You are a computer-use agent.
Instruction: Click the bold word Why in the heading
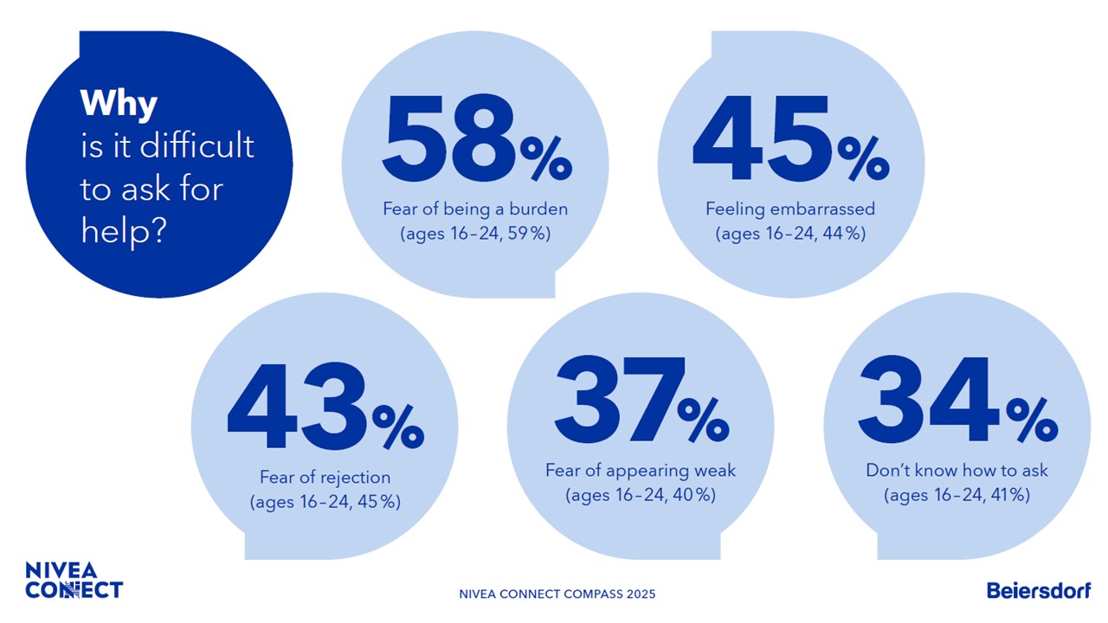tap(119, 104)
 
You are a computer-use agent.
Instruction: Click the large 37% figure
tap(641, 402)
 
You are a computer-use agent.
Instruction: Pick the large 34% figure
tap(957, 402)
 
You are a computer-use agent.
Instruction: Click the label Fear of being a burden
tap(475, 209)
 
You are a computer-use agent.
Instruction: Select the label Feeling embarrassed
tap(790, 209)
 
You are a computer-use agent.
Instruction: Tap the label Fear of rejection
tap(325, 478)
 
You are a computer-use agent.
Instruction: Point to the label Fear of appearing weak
tap(641, 471)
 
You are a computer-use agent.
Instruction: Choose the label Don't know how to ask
tap(957, 471)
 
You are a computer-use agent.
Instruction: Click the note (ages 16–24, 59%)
tap(475, 234)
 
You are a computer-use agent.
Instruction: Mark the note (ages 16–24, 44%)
tap(790, 234)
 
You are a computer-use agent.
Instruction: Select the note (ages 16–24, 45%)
tap(325, 502)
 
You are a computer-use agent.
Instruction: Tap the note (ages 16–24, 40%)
tap(641, 495)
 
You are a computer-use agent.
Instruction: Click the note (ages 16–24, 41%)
tap(957, 495)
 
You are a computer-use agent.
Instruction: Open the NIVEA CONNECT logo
tap(74, 581)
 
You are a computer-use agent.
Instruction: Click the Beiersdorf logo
tap(1039, 590)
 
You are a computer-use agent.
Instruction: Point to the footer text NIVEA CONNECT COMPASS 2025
tap(557, 594)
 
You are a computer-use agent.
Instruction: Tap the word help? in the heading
tap(123, 230)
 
